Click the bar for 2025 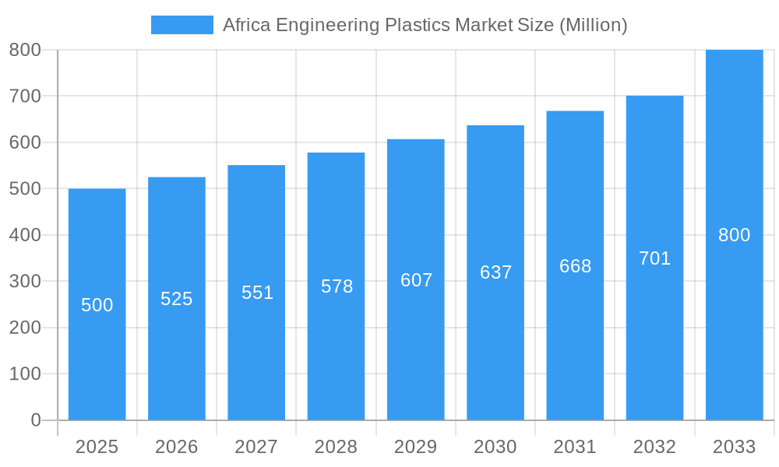click(97, 350)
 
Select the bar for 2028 click(336, 350)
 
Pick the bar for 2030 click(495, 350)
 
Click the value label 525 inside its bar click(177, 299)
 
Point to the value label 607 click(416, 280)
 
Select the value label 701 click(654, 258)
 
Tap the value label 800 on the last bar click(734, 235)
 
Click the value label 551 click(257, 293)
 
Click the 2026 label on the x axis click(177, 447)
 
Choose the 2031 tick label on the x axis click(575, 447)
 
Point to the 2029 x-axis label click(416, 447)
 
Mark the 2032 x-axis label click(654, 447)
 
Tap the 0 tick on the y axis click(35, 420)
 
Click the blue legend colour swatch click(182, 25)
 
